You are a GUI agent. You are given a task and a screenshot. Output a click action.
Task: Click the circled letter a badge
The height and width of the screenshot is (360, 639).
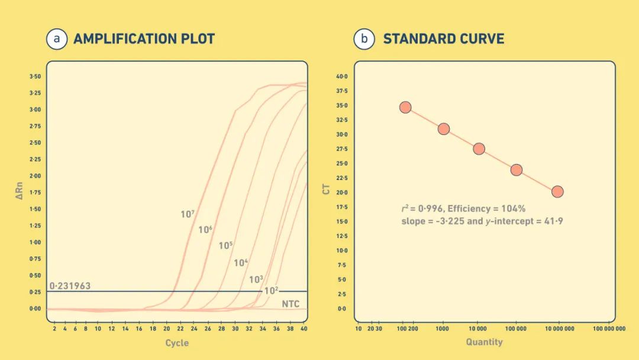(x=57, y=39)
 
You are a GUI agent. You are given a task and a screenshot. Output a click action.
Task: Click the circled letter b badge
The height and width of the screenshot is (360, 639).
(x=364, y=39)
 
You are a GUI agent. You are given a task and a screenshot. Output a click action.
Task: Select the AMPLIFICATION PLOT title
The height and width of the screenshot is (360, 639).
(x=144, y=39)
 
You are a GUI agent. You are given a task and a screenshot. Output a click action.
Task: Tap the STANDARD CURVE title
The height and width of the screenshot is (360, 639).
(x=444, y=39)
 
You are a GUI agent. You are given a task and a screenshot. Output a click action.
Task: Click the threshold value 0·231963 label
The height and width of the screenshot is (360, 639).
(x=70, y=286)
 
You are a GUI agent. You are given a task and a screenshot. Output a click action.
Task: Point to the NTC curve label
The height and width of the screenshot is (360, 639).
(x=291, y=304)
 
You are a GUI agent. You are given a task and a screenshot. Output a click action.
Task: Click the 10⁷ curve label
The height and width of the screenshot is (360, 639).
(x=188, y=214)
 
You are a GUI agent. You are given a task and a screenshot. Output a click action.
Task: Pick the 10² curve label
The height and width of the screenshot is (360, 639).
(x=271, y=290)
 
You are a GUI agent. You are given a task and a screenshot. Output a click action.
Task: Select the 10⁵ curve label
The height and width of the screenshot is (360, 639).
(x=226, y=245)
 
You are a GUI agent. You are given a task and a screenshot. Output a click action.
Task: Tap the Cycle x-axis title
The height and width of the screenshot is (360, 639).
(x=177, y=343)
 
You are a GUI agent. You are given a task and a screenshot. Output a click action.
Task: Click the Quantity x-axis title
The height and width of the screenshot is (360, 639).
(x=484, y=342)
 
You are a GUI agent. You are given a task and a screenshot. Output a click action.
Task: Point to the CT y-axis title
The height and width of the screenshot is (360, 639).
(x=327, y=189)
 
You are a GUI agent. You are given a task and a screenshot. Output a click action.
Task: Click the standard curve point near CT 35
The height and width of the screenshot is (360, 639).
(x=405, y=107)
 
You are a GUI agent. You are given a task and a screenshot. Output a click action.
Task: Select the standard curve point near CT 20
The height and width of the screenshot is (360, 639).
(x=557, y=192)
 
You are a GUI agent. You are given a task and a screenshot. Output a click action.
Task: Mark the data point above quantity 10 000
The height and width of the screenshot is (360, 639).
(x=479, y=149)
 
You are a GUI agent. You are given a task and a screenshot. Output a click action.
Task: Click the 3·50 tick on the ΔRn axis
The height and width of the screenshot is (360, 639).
(x=35, y=77)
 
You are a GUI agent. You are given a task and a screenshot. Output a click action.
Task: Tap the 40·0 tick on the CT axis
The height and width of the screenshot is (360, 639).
(x=342, y=76)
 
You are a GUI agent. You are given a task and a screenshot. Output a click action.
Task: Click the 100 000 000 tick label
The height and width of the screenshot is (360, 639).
(x=609, y=328)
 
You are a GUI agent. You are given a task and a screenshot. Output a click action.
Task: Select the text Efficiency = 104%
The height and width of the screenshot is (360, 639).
(x=486, y=208)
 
